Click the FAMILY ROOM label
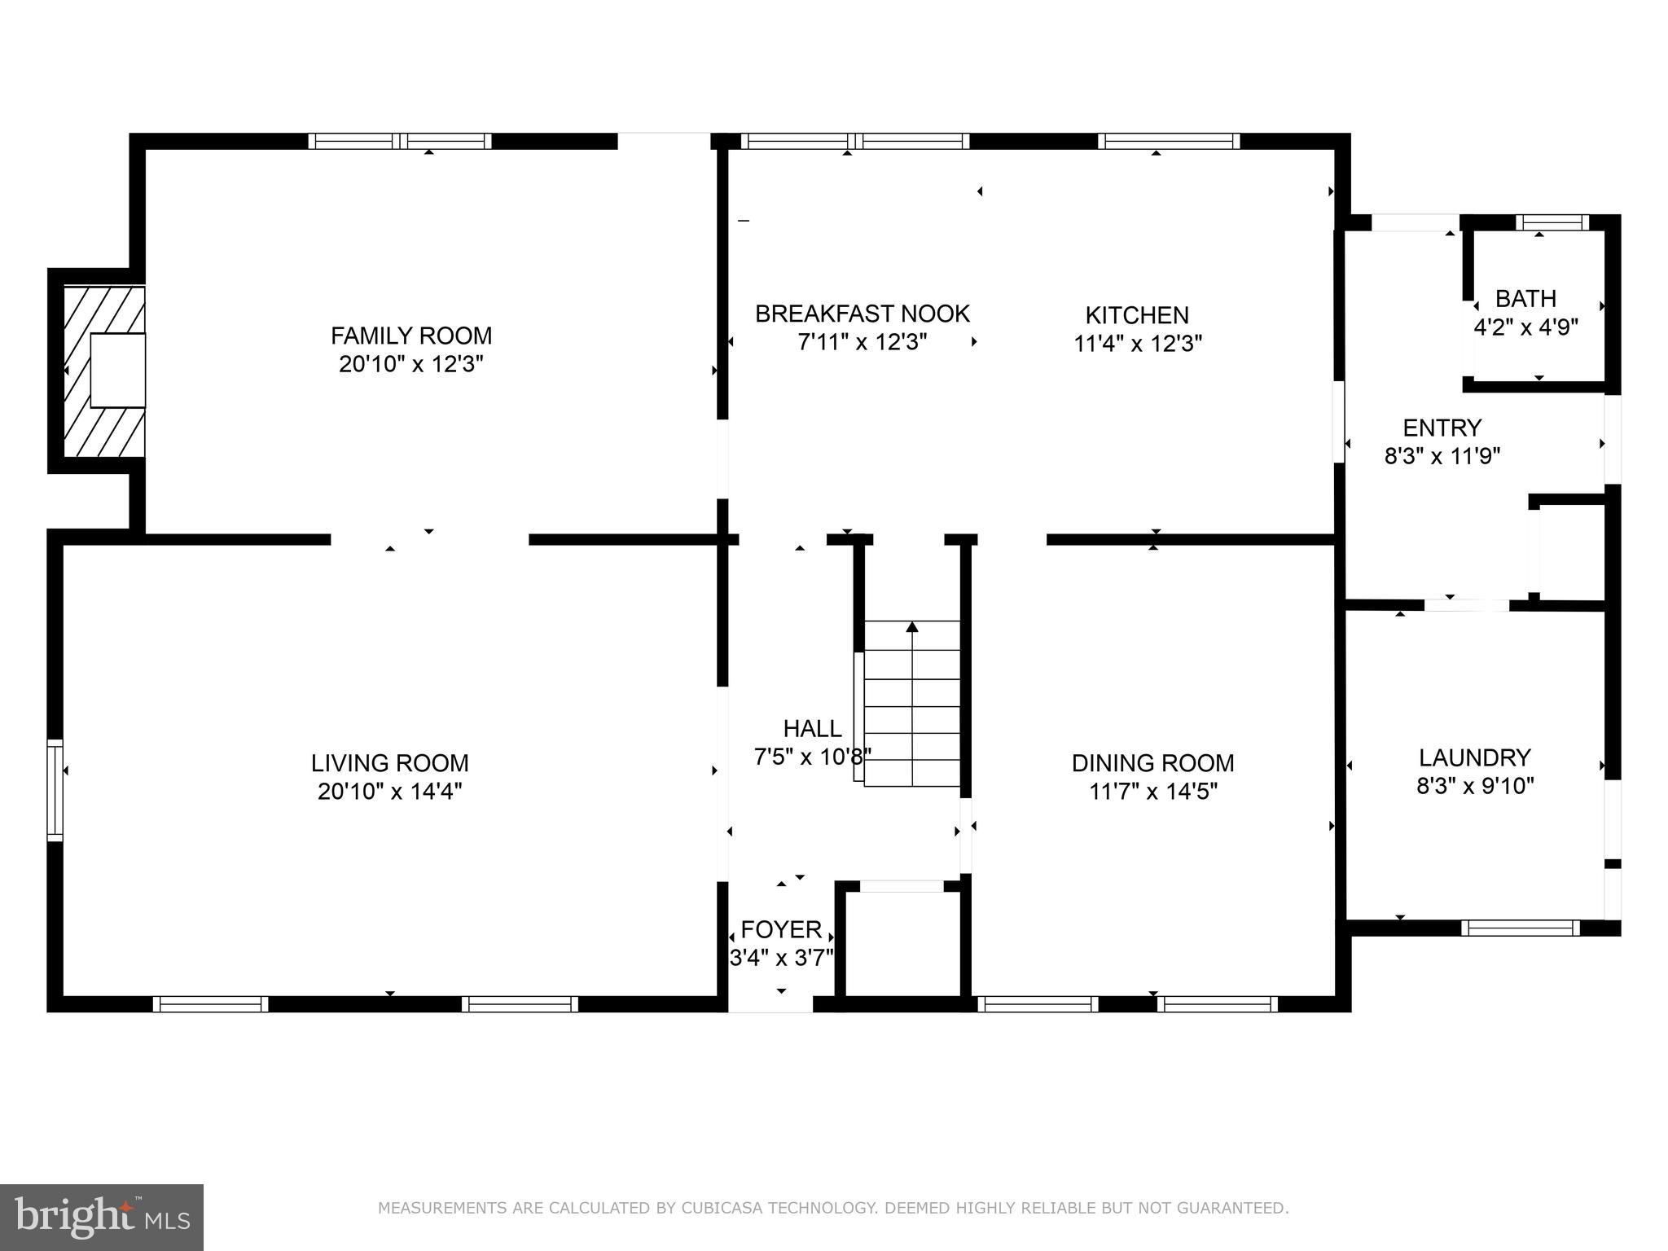pyautogui.click(x=410, y=336)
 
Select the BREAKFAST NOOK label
pyautogui.click(x=862, y=314)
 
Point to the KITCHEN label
pyautogui.click(x=1136, y=315)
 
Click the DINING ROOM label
pyautogui.click(x=1152, y=763)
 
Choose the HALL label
pyautogui.click(x=812, y=728)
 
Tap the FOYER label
pyautogui.click(x=780, y=929)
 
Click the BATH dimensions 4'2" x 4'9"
pyautogui.click(x=1525, y=327)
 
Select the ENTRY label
pyautogui.click(x=1442, y=428)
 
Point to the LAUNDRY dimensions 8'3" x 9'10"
pyautogui.click(x=1475, y=786)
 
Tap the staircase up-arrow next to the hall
pyautogui.click(x=912, y=627)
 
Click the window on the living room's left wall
pyautogui.click(x=55, y=789)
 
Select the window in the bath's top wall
pyautogui.click(x=1552, y=222)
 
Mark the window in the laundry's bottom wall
pyautogui.click(x=1520, y=928)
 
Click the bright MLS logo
pyautogui.click(x=101, y=1217)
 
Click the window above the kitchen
pyautogui.click(x=1168, y=141)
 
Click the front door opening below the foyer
pyautogui.click(x=770, y=1004)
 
